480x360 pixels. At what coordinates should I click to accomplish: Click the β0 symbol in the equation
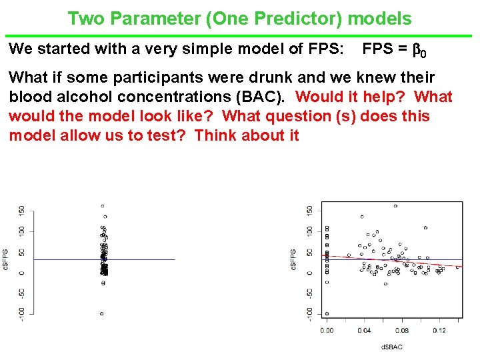tap(420, 50)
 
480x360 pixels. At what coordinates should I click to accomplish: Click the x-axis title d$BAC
tap(391, 347)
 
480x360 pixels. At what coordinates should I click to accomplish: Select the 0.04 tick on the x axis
tap(363, 331)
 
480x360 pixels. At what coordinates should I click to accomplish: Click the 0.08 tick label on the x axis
tap(401, 331)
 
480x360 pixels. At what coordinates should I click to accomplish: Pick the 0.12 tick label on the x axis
tap(439, 331)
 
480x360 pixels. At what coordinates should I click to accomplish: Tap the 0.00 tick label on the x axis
tap(327, 331)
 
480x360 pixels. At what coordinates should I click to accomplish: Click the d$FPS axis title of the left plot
tap(6, 259)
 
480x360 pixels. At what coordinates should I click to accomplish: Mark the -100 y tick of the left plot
tap(21, 313)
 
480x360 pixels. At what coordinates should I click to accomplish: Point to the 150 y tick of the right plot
tap(309, 209)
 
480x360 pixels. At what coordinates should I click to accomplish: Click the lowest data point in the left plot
tap(102, 313)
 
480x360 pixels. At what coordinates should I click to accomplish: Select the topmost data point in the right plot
tap(395, 206)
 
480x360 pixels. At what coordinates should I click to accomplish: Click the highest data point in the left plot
tap(102, 206)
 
